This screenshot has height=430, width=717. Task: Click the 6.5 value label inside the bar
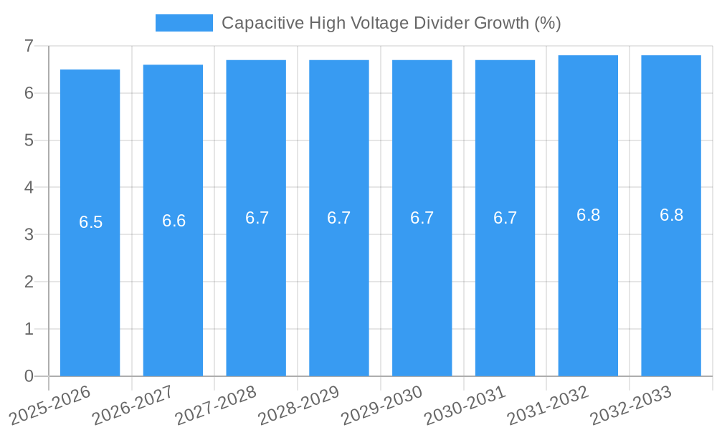91,222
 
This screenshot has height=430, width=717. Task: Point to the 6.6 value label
174,221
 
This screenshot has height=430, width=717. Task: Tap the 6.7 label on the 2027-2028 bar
257,218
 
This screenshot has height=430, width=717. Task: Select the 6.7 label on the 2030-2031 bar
505,218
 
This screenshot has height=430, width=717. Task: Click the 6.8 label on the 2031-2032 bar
588,215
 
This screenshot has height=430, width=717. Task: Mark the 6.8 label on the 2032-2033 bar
671,215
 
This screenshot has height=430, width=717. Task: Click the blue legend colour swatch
184,23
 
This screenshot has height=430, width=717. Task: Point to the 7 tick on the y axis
29,46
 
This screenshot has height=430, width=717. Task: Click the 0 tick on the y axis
29,376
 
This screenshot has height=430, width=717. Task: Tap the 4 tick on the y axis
29,188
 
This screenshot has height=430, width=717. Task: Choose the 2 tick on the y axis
29,282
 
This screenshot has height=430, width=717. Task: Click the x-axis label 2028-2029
298,406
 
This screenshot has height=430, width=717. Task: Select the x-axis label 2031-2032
548,406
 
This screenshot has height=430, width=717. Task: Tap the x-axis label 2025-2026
49,406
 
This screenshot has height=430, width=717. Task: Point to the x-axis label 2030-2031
465,406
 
